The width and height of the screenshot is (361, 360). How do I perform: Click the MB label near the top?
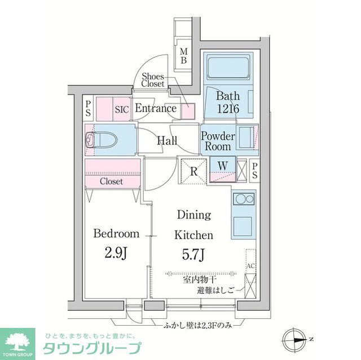[183, 56]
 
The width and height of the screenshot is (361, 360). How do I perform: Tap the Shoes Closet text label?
[153, 80]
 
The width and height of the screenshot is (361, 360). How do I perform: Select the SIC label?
[122, 109]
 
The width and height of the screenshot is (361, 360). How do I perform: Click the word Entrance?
[156, 109]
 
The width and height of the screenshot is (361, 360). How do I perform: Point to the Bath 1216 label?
[228, 102]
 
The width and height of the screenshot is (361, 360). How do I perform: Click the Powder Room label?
[218, 141]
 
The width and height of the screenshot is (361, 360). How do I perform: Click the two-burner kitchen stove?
[243, 200]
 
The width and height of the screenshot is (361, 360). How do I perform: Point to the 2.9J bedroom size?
[116, 254]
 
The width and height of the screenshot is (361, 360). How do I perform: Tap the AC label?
[250, 265]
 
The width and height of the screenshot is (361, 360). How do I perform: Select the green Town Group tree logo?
[17, 341]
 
